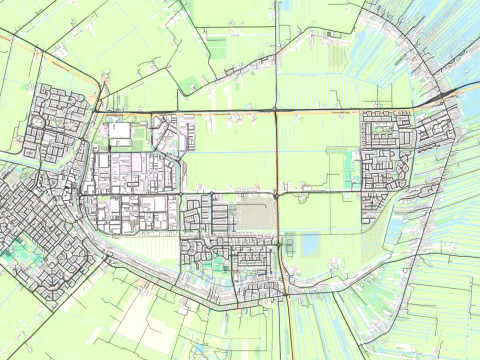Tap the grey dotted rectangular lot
256,211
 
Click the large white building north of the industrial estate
120,131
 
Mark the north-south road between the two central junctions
276,150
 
